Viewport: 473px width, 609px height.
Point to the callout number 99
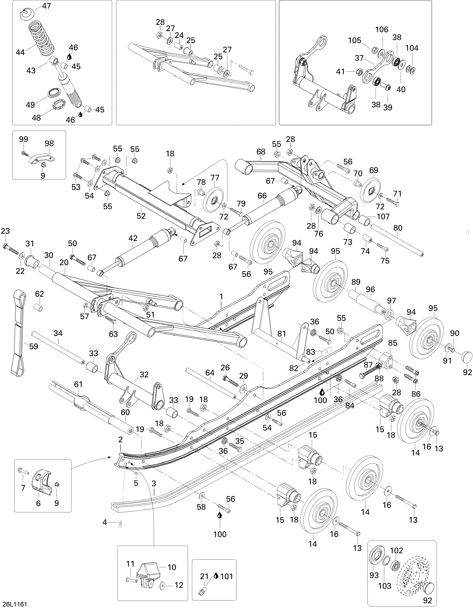tap(24, 139)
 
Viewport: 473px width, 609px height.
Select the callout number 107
tap(383, 216)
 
